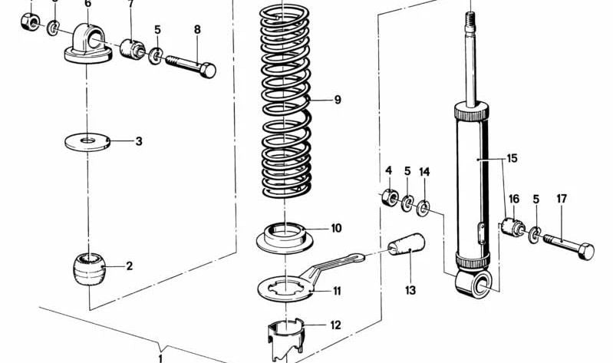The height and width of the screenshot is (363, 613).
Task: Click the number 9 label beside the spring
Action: (x=337, y=100)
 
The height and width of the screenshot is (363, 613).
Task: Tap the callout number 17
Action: (x=562, y=199)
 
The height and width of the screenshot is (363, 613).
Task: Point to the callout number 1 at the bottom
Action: (x=161, y=357)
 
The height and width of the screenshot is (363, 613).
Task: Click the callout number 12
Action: (x=335, y=325)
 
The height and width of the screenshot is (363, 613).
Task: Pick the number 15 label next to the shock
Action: (x=512, y=159)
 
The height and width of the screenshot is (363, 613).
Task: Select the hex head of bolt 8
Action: (x=206, y=71)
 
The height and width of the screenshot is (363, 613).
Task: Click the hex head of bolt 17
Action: (x=585, y=251)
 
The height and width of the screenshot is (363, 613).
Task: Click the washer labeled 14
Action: (x=423, y=207)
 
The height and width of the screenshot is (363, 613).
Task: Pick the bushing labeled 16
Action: (x=512, y=228)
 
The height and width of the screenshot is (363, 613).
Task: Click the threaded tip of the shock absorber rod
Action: (x=470, y=18)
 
